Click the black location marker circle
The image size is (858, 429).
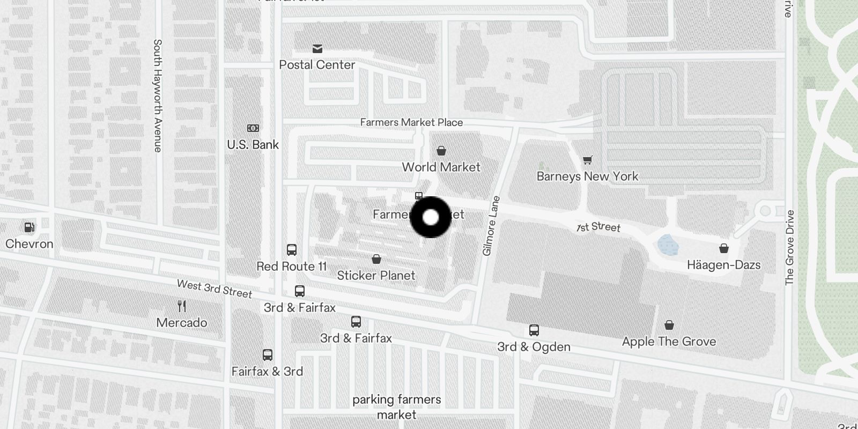(431, 217)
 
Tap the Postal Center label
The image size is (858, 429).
(317, 65)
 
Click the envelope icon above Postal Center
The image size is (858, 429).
(317, 49)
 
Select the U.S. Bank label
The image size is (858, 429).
(253, 145)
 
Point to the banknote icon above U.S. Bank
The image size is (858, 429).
(253, 128)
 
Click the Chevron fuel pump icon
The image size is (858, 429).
(29, 227)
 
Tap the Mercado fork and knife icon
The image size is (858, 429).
(182, 306)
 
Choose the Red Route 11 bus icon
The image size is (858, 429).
(292, 250)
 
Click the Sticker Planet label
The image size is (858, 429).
(376, 276)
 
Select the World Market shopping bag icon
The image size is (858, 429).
(441, 151)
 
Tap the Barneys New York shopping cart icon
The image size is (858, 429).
(588, 160)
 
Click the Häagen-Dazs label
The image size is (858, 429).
(723, 265)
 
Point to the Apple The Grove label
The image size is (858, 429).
(669, 342)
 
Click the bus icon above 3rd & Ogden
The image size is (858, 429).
(534, 330)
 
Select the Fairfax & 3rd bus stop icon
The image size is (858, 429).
(268, 355)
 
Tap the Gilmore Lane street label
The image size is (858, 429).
(491, 226)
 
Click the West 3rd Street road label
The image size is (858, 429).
(214, 289)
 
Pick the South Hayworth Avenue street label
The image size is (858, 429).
(158, 95)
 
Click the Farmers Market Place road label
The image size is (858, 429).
(411, 122)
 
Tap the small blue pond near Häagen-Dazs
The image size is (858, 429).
(668, 245)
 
